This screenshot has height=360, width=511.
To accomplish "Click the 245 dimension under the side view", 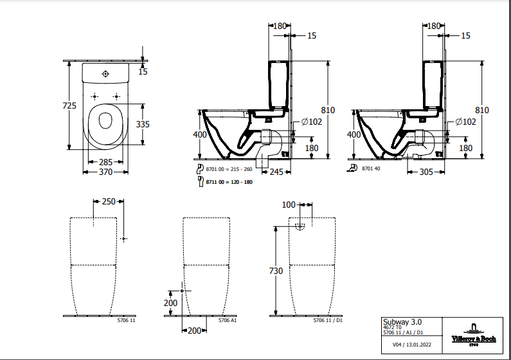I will (277, 172).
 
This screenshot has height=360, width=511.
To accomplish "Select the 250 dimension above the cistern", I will (109, 201).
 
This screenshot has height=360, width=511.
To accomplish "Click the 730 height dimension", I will (275, 271).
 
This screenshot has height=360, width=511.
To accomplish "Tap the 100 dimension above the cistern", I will (288, 204).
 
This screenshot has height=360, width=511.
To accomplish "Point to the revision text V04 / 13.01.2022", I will (412, 345).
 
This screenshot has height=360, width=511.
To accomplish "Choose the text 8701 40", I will (372, 168).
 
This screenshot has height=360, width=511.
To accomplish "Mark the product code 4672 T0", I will (392, 328).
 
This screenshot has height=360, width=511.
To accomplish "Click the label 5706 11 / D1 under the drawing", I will (328, 319).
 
